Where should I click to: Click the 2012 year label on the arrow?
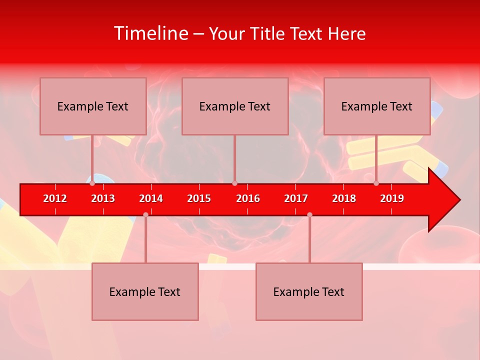coord(55,198)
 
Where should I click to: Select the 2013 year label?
coord(103,198)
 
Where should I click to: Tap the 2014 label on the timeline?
coord(151,198)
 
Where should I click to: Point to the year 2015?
coord(199,198)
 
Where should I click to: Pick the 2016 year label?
coord(248,198)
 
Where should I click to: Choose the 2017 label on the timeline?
coord(296,198)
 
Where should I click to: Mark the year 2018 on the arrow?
coord(344,198)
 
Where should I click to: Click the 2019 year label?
coord(392,198)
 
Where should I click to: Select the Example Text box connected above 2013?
coord(93,106)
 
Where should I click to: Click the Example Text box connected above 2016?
coord(235,106)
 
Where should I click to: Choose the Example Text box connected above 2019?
coord(377,106)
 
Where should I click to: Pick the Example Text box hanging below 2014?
coord(145,291)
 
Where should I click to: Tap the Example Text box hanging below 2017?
coord(309,291)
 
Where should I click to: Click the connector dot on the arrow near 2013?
coord(92,183)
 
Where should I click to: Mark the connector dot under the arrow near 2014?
coord(145,214)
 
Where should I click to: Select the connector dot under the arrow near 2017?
coord(309,214)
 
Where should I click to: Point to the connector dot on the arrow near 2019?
coord(376,183)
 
